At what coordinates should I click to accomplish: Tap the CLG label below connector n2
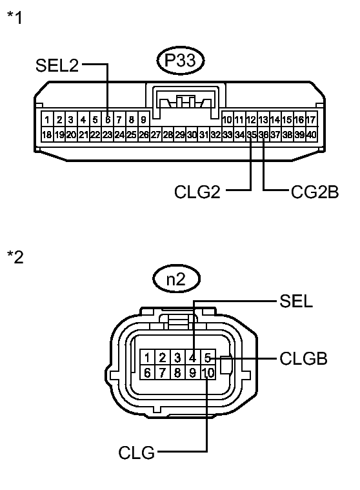pyautogui.click(x=136, y=453)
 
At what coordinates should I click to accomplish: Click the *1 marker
pyautogui.click(x=14, y=17)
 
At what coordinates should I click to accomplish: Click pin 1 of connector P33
pyautogui.click(x=47, y=119)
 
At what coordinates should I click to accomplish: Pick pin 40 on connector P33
pyautogui.click(x=311, y=134)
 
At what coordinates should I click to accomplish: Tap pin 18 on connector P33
pyautogui.click(x=47, y=134)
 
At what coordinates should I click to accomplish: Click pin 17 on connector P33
pyautogui.click(x=311, y=119)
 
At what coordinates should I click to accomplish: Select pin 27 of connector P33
pyautogui.click(x=155, y=134)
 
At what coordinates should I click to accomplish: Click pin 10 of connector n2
pyautogui.click(x=207, y=373)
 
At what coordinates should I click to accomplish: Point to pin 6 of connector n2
pyautogui.click(x=148, y=373)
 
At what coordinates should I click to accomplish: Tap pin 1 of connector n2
pyautogui.click(x=148, y=358)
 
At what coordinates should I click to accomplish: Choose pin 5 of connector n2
pyautogui.click(x=207, y=358)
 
